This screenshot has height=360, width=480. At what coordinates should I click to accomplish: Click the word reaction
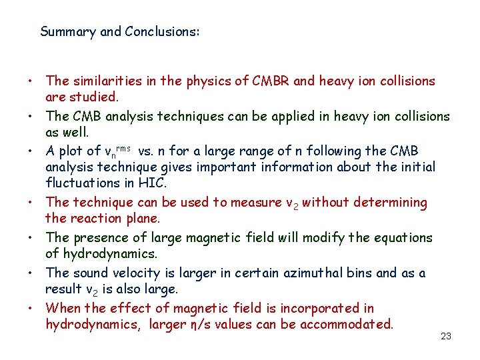pyautogui.click(x=94, y=218)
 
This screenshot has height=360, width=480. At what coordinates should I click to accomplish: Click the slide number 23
pyautogui.click(x=446, y=337)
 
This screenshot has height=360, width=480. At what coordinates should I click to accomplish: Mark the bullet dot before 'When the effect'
pyautogui.click(x=31, y=309)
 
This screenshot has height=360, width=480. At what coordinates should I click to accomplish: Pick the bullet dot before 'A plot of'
pyautogui.click(x=31, y=152)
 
